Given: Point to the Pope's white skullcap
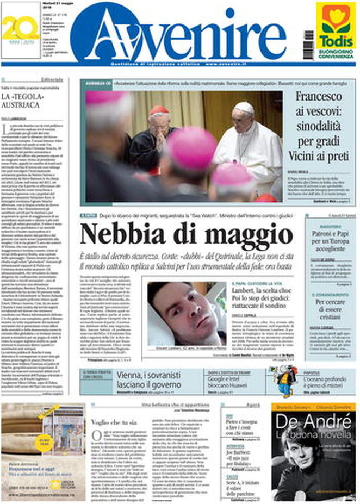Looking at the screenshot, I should click(243, 107).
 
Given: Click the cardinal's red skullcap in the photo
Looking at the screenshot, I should click(160, 110).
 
